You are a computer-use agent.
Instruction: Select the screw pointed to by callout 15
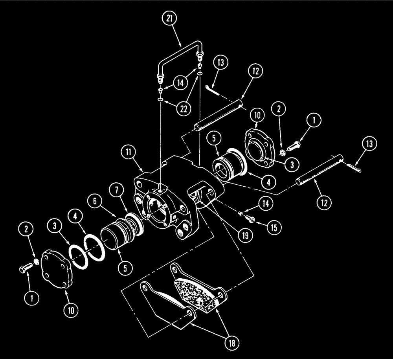point(250,217)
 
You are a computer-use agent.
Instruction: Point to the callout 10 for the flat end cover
point(71,309)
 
